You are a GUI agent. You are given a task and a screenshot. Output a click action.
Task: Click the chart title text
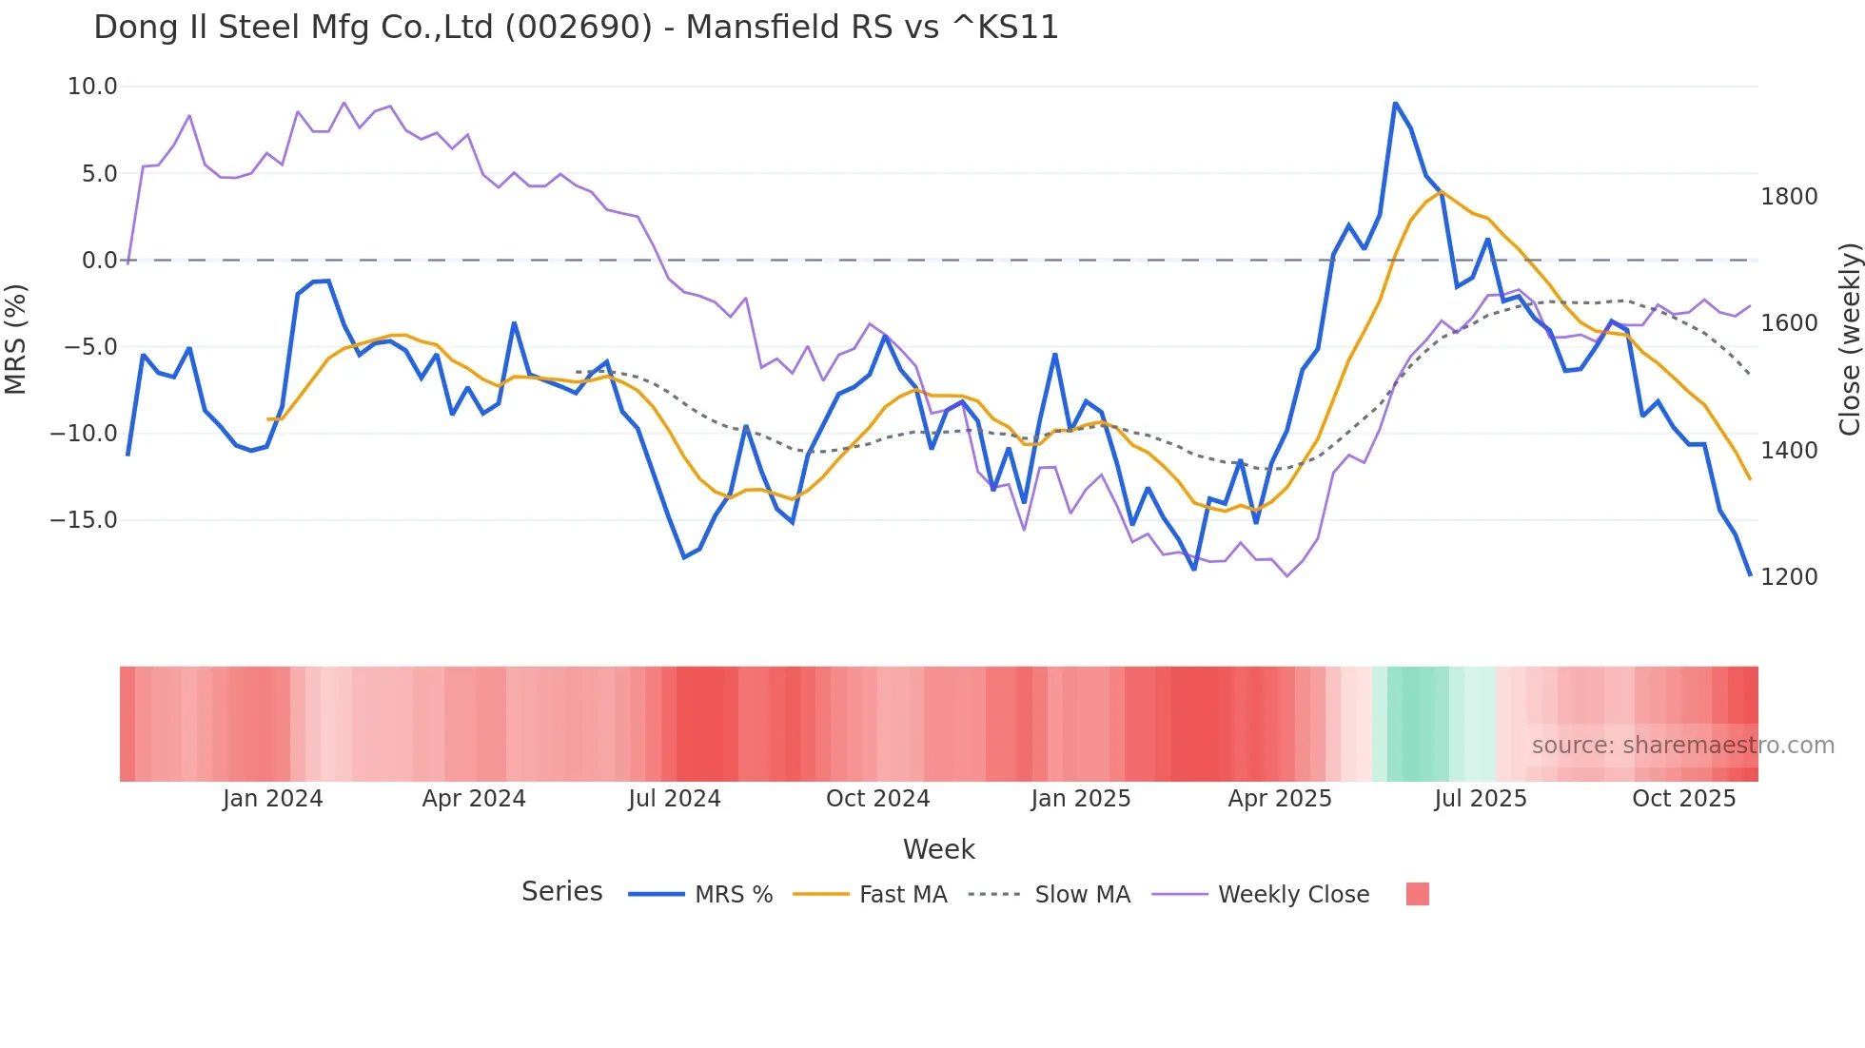tap(576, 28)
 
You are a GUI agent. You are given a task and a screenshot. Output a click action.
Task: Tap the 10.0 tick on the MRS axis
tap(92, 87)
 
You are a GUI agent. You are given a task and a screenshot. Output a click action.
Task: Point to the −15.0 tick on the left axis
tap(84, 520)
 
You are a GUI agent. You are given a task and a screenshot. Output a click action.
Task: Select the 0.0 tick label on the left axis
tap(99, 261)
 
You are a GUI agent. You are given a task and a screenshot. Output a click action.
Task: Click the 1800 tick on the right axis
tap(1789, 197)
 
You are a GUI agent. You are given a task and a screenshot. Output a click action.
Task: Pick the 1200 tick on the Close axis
tap(1789, 577)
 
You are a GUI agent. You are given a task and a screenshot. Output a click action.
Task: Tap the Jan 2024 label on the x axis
tap(273, 799)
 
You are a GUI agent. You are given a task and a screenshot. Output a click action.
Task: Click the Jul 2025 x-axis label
tap(1480, 799)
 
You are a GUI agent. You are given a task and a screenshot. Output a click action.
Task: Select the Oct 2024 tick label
tap(877, 799)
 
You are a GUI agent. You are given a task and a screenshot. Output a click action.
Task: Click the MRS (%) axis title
tap(16, 339)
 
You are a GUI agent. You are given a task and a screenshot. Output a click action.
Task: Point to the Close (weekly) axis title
tap(1849, 339)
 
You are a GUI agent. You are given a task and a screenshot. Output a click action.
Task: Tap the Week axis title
tap(938, 849)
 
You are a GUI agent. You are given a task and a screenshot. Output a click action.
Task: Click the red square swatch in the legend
tap(1417, 894)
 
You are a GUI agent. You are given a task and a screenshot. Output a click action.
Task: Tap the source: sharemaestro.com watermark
tap(1682, 746)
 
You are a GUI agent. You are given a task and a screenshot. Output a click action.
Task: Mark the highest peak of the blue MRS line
tap(1395, 103)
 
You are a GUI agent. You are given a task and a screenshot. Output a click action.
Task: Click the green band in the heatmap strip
tap(1418, 724)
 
